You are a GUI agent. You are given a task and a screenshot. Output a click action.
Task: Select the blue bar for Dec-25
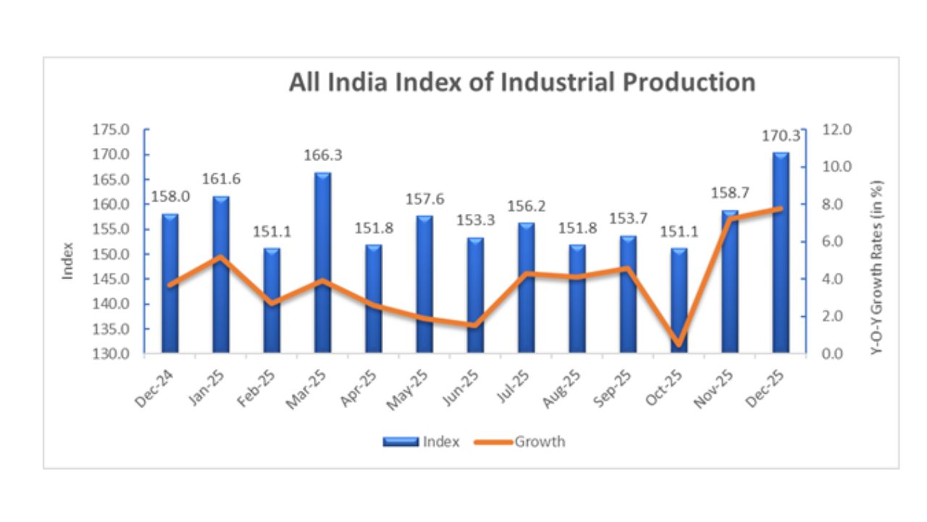tap(781, 254)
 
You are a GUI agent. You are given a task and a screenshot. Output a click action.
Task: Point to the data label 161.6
tap(220, 181)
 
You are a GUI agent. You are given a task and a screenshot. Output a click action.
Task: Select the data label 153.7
tap(628, 220)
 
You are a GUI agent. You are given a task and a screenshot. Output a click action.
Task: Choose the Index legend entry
tap(421, 442)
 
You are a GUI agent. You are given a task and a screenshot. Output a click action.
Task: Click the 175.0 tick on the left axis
tap(111, 130)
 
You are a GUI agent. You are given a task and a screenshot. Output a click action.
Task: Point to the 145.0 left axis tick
tap(111, 280)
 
